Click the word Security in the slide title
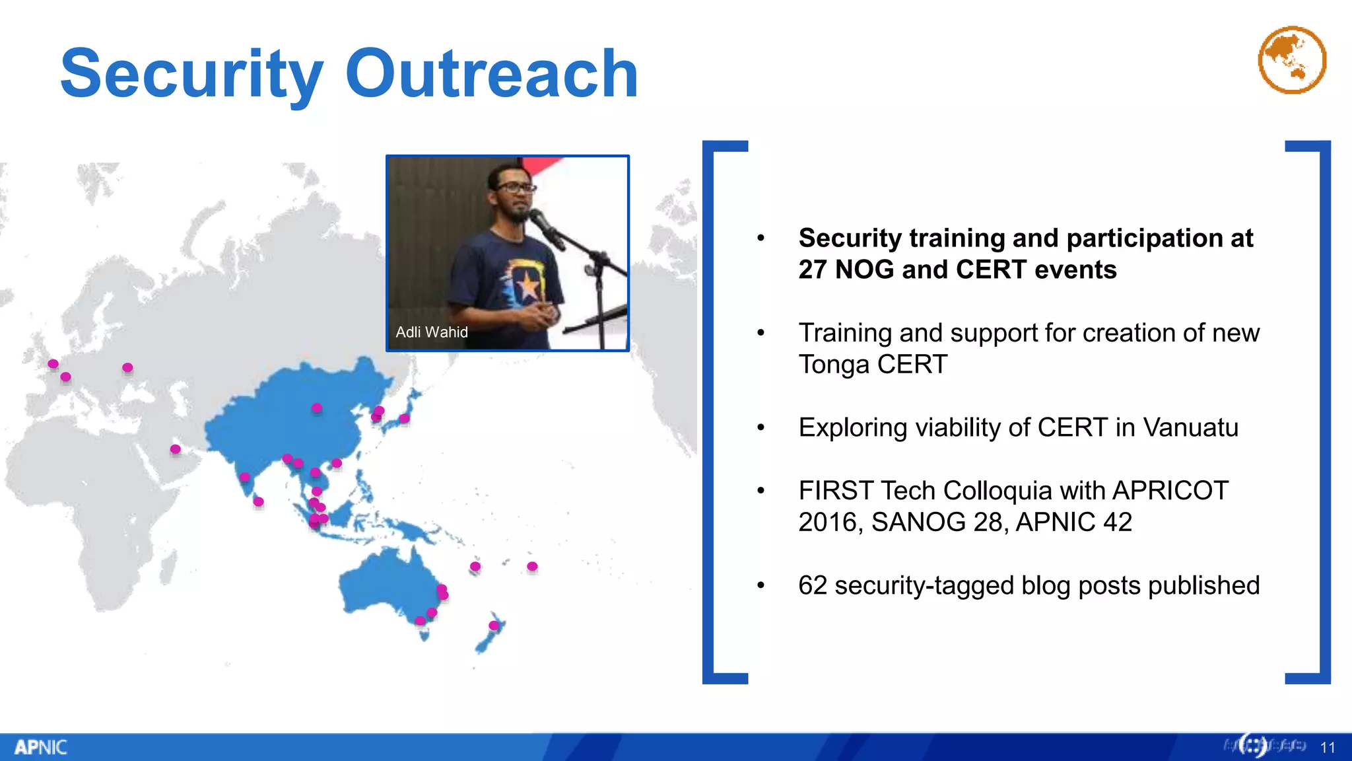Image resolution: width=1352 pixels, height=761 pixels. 191,74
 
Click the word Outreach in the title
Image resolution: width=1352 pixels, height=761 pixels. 491,74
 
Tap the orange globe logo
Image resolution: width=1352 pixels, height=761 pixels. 1292,60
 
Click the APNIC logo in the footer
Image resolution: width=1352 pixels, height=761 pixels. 40,747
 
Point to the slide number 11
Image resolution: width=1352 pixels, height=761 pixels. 1328,747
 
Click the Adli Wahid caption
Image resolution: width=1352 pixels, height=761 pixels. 431,332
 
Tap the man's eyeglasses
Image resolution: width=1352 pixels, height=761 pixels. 516,188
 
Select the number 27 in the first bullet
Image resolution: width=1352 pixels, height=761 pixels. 813,270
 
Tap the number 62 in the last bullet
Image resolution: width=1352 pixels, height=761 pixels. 812,585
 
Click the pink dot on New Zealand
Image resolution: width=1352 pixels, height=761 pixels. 494,625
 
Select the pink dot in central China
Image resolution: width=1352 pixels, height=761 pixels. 317,408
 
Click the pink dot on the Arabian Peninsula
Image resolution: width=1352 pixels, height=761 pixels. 175,449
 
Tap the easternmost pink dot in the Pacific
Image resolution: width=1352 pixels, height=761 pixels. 532,566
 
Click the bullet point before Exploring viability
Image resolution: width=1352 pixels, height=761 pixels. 760,428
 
